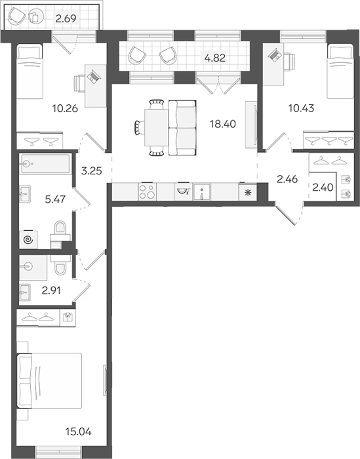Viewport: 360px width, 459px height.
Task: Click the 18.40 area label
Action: coord(223,124)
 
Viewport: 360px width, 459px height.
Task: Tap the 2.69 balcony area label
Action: coord(66,19)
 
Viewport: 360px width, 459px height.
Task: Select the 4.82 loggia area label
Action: coord(215,58)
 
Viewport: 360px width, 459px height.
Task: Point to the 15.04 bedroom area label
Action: coord(79,431)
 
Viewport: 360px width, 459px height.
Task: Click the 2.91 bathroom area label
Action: coord(51,290)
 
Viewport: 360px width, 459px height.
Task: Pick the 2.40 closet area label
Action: coord(323,188)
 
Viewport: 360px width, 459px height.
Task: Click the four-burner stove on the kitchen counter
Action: coord(147,191)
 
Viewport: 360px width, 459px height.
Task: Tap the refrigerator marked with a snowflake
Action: coord(248,192)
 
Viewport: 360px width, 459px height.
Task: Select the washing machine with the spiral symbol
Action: coord(28,240)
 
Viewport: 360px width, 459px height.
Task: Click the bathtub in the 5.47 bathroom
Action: coord(45,165)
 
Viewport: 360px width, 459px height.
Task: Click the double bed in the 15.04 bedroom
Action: coord(49,380)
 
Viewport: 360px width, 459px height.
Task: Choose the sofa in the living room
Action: coord(182,128)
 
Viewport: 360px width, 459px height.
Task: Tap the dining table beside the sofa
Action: coord(156,127)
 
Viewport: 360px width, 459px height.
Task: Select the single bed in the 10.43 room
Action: coord(340,71)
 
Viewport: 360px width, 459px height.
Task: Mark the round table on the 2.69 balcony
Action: coord(36,16)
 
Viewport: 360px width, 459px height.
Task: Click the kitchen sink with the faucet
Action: coord(202,192)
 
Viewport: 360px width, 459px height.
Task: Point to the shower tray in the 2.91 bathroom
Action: coord(33,268)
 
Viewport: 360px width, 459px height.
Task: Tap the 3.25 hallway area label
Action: coord(92,170)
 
